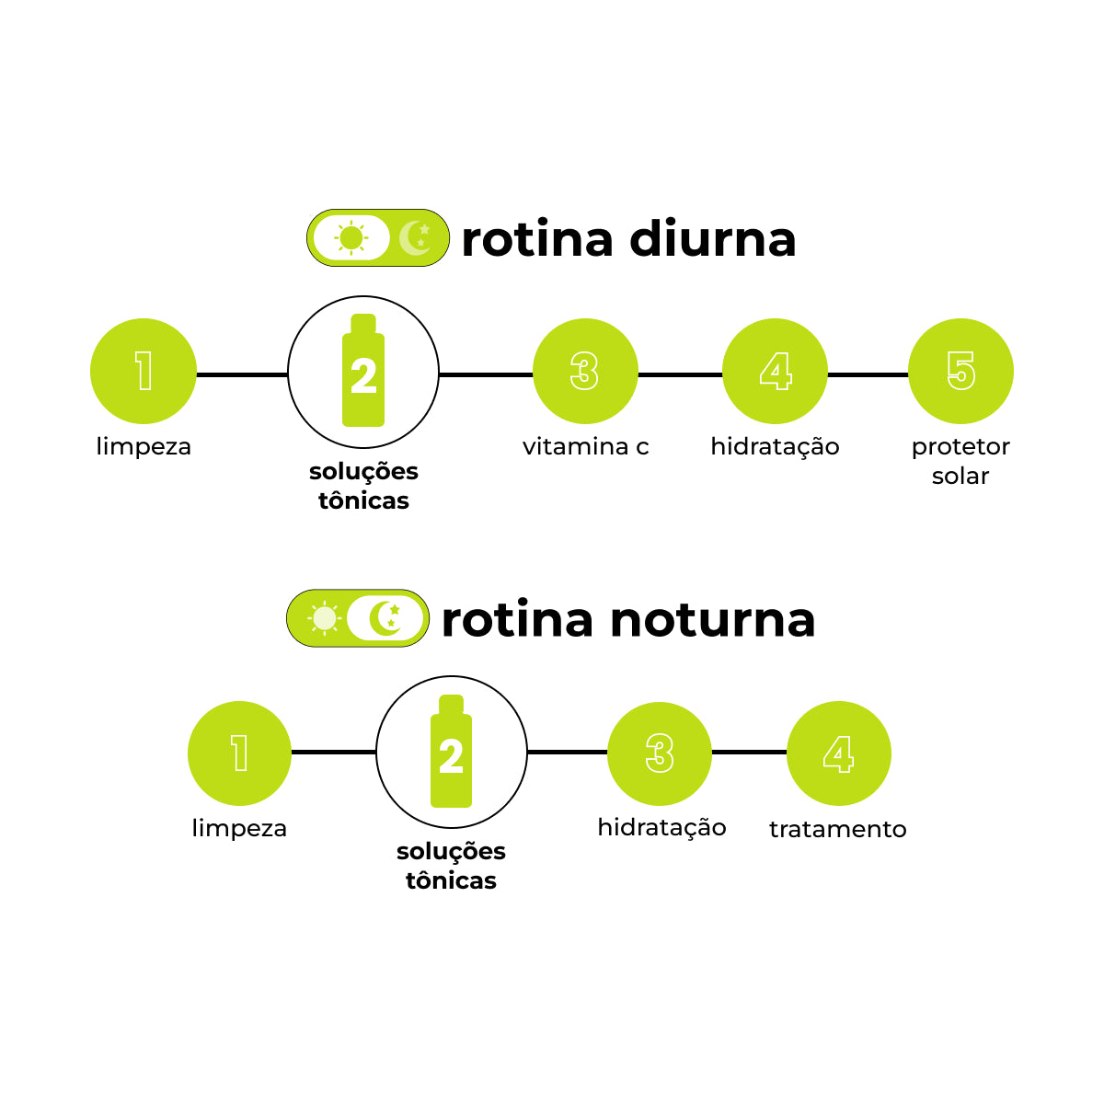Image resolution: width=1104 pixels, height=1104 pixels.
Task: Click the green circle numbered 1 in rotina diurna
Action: (x=144, y=372)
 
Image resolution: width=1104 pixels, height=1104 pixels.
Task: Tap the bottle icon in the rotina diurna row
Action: (x=363, y=372)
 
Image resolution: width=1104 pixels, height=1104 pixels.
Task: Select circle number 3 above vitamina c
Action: (x=585, y=372)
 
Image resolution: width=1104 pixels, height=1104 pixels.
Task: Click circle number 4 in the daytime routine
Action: (x=775, y=372)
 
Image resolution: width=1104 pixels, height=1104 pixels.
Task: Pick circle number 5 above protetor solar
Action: (x=960, y=372)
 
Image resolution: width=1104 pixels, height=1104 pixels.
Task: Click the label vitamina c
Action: (x=585, y=447)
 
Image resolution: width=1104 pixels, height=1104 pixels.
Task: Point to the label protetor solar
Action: (x=960, y=461)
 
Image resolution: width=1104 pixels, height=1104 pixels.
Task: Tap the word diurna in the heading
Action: (x=712, y=239)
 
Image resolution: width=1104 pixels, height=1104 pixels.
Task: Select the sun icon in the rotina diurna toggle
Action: (x=351, y=238)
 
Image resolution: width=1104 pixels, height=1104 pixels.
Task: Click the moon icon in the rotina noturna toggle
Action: (x=386, y=618)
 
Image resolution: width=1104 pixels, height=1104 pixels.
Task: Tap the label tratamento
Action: (x=837, y=829)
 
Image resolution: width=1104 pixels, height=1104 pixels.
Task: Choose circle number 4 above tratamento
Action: (x=839, y=753)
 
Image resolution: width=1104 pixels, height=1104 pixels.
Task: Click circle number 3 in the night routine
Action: (x=660, y=753)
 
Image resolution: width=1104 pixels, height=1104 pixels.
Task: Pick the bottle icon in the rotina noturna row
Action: (x=451, y=752)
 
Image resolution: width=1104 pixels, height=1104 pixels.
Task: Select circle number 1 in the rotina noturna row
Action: (x=239, y=753)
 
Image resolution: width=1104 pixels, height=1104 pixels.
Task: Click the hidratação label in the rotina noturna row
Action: (x=661, y=828)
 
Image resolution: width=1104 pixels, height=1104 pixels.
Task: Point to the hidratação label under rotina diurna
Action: (x=775, y=447)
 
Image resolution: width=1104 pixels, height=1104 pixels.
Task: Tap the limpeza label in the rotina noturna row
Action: (x=239, y=828)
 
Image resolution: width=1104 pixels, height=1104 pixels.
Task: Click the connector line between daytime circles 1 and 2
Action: (x=242, y=374)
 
